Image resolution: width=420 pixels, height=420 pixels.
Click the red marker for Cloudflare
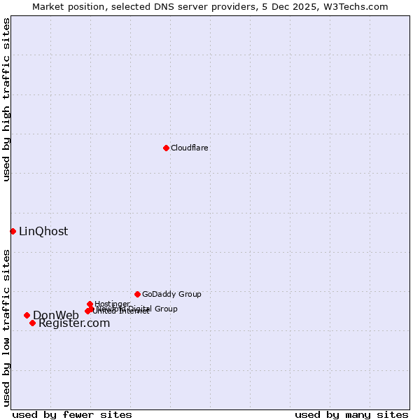pos(166,148)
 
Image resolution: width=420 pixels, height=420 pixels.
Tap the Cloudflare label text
pos(190,148)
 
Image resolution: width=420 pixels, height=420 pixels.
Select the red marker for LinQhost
pos(13,231)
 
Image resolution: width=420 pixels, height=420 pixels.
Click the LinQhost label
pos(43,231)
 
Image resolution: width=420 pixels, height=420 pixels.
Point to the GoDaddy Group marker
pos(137,294)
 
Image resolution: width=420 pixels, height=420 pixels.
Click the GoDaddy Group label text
pos(171,294)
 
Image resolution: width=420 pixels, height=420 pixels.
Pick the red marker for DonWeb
pos(27,315)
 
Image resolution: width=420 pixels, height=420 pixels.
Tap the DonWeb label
pos(56,315)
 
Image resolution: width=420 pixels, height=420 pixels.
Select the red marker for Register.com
pos(32,323)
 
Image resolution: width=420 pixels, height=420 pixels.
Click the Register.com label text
pos(74,323)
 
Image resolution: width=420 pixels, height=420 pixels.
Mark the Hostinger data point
pos(90,304)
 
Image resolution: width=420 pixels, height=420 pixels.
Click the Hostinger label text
pos(112,304)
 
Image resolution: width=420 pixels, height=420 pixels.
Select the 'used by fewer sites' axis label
pos(72,414)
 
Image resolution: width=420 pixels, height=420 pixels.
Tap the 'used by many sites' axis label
pos(351,414)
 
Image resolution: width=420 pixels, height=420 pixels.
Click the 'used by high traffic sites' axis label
pos(6,99)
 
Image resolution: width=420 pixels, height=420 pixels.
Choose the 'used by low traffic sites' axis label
pos(6,327)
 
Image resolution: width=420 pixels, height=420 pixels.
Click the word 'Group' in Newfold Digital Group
pos(165,309)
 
